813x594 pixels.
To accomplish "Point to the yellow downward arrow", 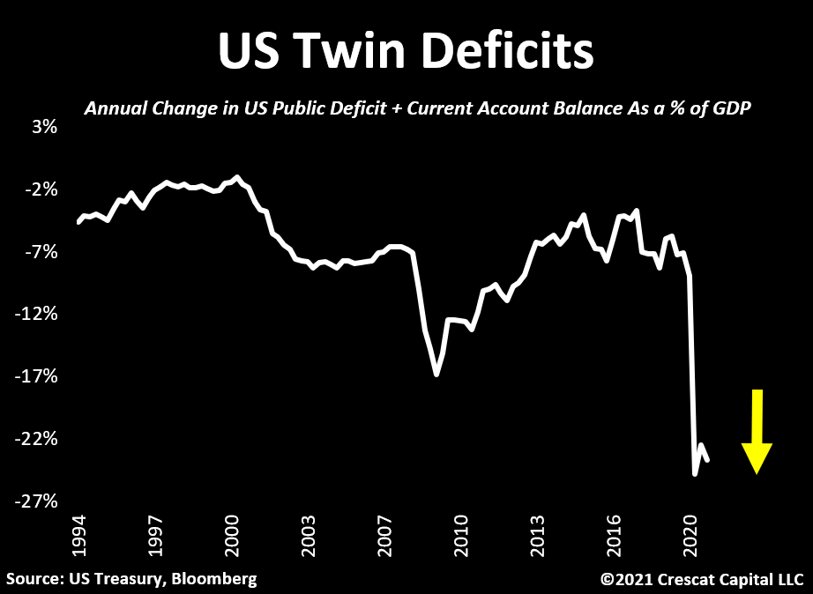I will (757, 431).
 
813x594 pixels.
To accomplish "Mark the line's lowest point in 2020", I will (695, 474).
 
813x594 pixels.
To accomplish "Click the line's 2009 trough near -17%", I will (436, 375).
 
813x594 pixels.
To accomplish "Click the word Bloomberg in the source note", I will (216, 579).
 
